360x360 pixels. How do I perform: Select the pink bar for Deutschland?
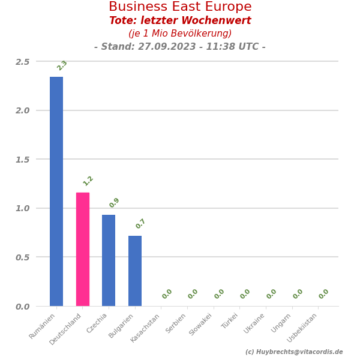[83, 249]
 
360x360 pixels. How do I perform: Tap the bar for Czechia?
[109, 260]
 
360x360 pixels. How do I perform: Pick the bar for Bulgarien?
[135, 271]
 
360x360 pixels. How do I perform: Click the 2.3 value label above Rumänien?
[62, 65]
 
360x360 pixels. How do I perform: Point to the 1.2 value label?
[88, 181]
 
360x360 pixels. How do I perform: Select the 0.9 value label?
[115, 203]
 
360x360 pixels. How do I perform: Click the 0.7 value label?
[140, 224]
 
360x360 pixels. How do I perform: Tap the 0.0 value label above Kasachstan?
[167, 294]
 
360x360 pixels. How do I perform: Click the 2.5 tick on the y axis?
[23, 62]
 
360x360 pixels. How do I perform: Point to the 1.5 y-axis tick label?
[23, 160]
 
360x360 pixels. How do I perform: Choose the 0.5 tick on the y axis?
[23, 257]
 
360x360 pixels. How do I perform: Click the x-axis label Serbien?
[176, 323]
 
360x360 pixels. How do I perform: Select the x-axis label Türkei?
[230, 322]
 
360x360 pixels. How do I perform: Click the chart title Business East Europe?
[180, 7]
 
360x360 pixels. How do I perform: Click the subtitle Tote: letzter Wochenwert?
[180, 21]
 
